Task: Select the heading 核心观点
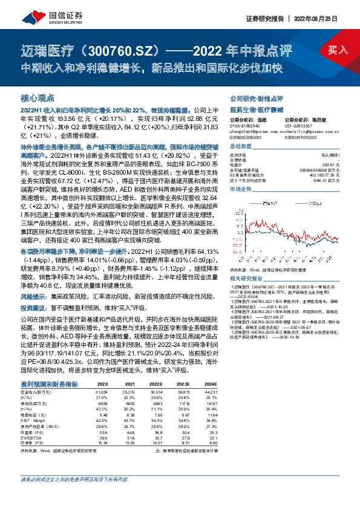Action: [x=38, y=97]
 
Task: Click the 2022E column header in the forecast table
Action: [x=157, y=384]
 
